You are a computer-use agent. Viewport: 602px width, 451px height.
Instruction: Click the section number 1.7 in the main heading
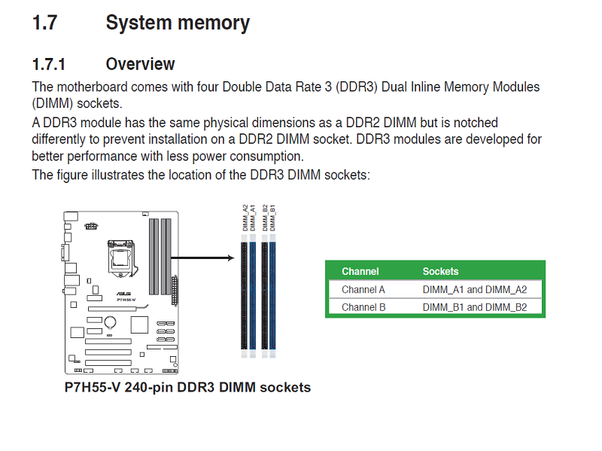[x=44, y=23]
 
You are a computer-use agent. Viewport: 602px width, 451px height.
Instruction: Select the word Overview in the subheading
[x=140, y=64]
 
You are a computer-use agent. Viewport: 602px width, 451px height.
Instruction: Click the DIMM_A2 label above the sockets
[x=244, y=218]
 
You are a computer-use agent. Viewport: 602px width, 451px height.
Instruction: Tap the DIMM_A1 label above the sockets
[x=253, y=218]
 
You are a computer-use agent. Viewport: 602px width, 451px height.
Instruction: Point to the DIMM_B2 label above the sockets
[x=264, y=218]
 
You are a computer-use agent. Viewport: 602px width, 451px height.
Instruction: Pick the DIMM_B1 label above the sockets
[x=273, y=218]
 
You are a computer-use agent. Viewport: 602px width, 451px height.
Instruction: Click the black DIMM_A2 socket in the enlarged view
[x=244, y=294]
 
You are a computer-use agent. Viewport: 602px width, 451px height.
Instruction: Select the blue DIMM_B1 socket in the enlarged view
[x=273, y=294]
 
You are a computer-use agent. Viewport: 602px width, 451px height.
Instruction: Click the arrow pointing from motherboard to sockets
[x=203, y=258]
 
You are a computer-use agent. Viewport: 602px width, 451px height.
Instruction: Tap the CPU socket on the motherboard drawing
[x=120, y=258]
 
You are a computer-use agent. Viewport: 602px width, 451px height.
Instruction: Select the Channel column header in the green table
[x=360, y=271]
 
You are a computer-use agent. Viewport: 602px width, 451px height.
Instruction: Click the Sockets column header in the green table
[x=440, y=271]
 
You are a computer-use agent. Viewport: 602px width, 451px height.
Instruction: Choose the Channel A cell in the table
[x=363, y=289]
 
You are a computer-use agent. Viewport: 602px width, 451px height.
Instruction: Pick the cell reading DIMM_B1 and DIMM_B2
[x=474, y=307]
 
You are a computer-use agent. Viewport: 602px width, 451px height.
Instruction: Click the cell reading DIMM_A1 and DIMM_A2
[x=474, y=289]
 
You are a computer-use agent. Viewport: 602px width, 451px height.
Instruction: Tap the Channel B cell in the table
[x=363, y=307]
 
